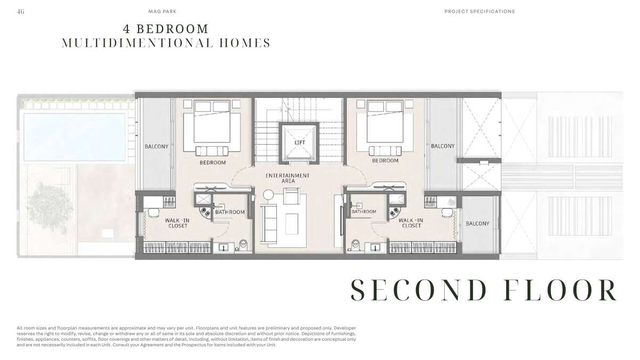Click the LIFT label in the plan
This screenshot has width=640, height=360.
[300, 142]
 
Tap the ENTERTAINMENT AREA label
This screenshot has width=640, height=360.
[287, 178]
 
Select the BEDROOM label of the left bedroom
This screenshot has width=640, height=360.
[213, 163]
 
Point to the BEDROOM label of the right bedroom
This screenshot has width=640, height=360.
[385, 161]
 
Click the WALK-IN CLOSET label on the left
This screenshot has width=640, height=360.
[178, 223]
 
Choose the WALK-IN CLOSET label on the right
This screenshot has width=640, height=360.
[411, 223]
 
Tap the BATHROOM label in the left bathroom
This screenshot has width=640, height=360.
[230, 212]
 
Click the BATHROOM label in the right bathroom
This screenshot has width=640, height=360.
[364, 212]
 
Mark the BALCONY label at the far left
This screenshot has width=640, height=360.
[156, 147]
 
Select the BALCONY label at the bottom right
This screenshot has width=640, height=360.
[477, 223]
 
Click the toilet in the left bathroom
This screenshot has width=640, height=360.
[243, 245]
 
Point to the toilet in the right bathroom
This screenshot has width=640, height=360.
[355, 245]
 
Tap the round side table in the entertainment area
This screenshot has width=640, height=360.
[268, 195]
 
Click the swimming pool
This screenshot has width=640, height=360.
[75, 137]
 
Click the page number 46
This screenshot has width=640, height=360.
[20, 11]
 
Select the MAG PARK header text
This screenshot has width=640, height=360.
[162, 11]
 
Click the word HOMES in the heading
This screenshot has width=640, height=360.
[245, 43]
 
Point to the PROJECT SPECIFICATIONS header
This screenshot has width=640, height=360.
[479, 11]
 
